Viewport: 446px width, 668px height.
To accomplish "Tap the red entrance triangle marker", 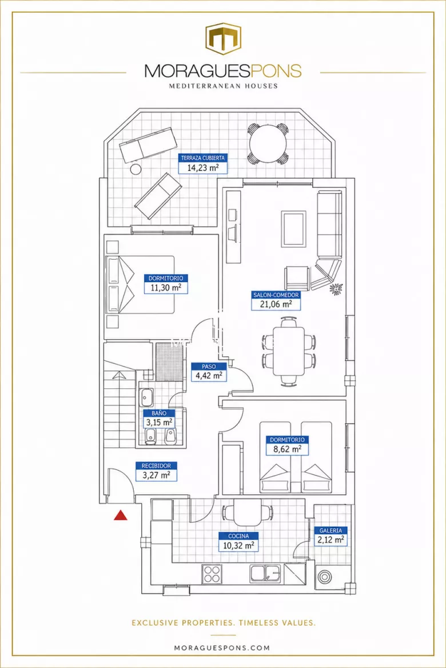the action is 121,516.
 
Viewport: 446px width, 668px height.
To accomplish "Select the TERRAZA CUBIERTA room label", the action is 203,158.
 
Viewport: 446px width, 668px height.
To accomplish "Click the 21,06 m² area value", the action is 276,304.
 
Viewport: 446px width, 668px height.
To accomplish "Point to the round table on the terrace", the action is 268,143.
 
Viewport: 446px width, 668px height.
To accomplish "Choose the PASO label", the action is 209,367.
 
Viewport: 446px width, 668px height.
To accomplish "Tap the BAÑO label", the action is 159,413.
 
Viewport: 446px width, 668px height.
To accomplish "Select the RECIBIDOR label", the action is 156,466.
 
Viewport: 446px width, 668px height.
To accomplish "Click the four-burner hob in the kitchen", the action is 212,573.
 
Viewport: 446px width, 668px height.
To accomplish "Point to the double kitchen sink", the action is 265,573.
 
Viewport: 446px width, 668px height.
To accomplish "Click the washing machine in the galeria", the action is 324,577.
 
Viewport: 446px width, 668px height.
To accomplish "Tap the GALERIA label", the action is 330,530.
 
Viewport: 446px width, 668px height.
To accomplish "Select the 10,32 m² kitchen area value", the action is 238,546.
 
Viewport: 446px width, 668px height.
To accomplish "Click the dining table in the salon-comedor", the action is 289,351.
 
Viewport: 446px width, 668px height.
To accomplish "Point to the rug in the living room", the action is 294,229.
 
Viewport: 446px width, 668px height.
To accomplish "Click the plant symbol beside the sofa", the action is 336,288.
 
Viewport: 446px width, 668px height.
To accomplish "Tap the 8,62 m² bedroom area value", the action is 287,449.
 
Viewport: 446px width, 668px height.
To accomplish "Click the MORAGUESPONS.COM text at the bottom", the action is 222,648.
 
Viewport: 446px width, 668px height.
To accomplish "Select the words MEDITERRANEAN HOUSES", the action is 223,86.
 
